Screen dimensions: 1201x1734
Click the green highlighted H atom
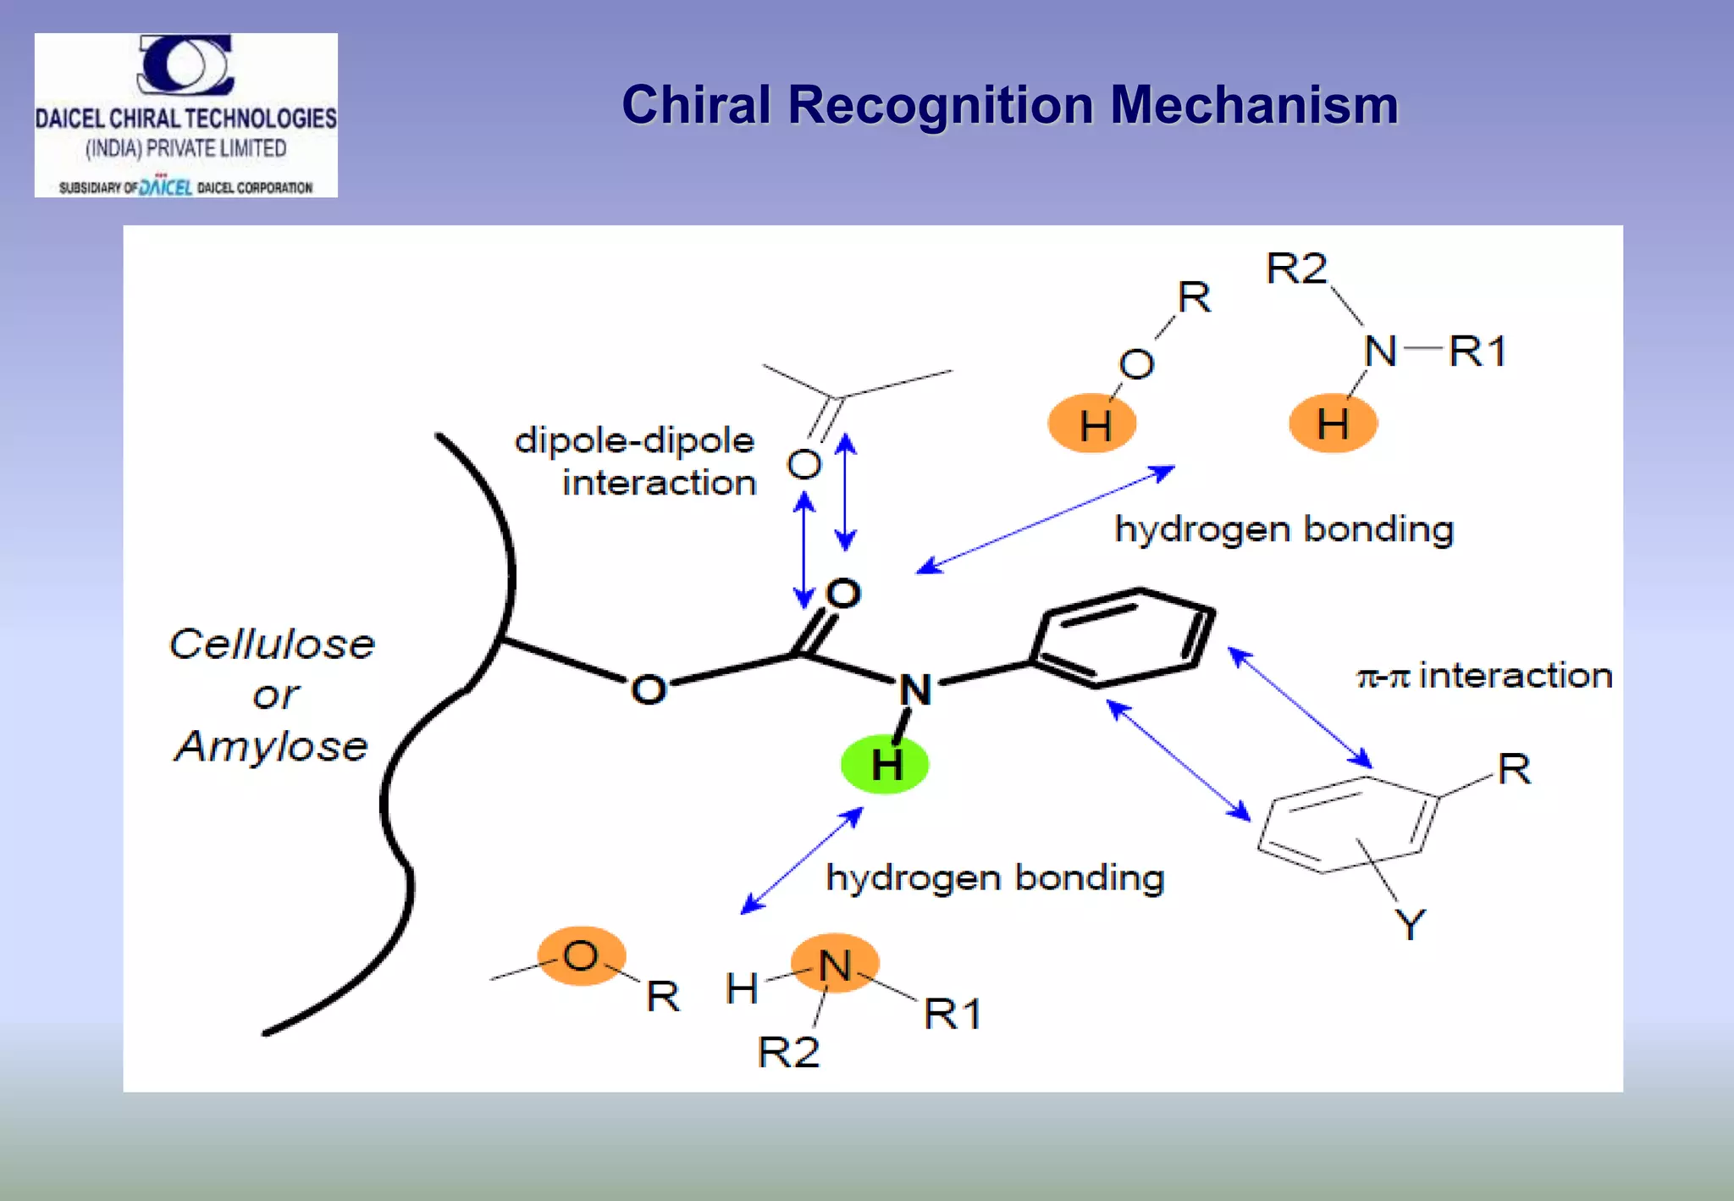coord(885,765)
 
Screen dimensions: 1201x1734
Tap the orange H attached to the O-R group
coord(1092,423)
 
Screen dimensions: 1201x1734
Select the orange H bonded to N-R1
coord(1333,423)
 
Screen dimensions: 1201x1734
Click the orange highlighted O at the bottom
coord(582,956)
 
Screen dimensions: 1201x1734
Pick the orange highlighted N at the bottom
coord(835,965)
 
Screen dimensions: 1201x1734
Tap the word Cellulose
coord(272,645)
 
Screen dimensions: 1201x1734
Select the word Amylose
coord(272,746)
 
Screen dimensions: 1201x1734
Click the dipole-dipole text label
coord(634,441)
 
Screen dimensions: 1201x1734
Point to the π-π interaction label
coord(1484,676)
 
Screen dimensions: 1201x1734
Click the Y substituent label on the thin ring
coord(1410,924)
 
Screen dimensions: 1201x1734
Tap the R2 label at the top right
coord(1296,269)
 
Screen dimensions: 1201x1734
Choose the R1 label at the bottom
coord(953,1014)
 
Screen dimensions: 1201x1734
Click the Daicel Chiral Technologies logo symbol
coord(185,64)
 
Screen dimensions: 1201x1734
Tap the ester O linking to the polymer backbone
coord(649,689)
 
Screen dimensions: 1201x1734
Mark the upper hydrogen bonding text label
coord(1284,530)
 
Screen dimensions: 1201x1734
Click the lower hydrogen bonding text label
coord(995,878)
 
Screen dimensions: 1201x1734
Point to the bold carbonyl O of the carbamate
coord(843,594)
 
